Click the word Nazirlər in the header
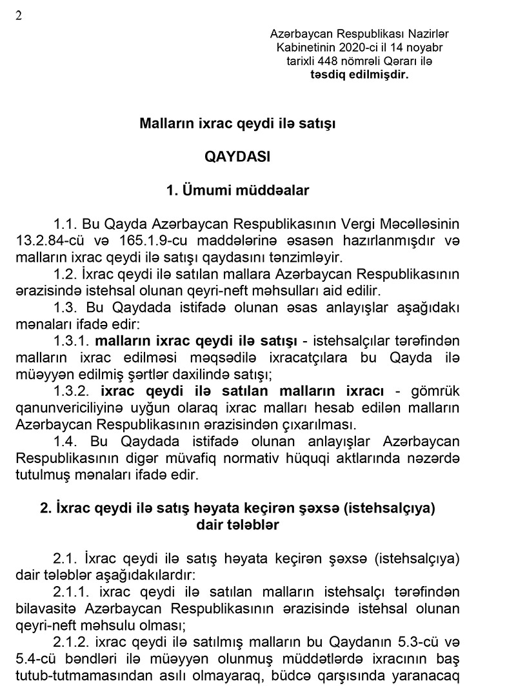click(x=428, y=34)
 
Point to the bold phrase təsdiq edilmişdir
click(x=359, y=75)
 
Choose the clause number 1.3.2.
click(x=73, y=391)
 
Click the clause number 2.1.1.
click(x=73, y=593)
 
